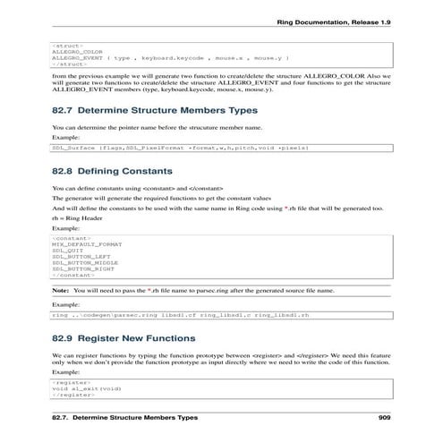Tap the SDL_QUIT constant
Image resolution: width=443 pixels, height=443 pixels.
[x=66, y=250]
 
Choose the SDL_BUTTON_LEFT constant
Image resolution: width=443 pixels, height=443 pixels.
[x=81, y=256]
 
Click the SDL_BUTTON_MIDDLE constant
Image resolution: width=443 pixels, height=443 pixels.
[x=84, y=262]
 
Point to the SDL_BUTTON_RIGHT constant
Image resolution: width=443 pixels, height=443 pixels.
[x=82, y=268]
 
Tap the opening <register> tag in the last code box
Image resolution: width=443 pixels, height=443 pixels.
[x=67, y=381]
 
